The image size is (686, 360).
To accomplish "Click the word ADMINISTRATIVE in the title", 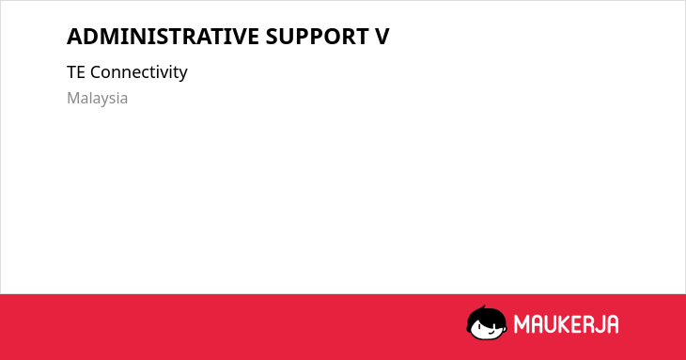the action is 163,37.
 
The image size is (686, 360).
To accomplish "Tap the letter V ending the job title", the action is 382,37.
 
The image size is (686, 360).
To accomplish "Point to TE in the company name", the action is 76,72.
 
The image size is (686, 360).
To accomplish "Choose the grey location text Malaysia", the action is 97,99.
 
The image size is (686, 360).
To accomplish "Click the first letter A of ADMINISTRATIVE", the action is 75,37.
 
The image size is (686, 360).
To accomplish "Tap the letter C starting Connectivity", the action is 95,72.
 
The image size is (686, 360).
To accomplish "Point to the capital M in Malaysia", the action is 73,98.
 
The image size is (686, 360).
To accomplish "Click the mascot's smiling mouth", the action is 491,331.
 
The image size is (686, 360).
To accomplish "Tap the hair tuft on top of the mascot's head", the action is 483,307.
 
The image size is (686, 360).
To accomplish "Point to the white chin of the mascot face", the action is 487,336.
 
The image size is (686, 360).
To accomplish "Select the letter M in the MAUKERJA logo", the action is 522,324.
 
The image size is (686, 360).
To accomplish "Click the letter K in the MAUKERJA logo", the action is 566,324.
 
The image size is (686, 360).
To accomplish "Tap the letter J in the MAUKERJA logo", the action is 600,324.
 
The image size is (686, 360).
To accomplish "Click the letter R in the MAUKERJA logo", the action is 589,324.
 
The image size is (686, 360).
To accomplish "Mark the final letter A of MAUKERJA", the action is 613,324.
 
